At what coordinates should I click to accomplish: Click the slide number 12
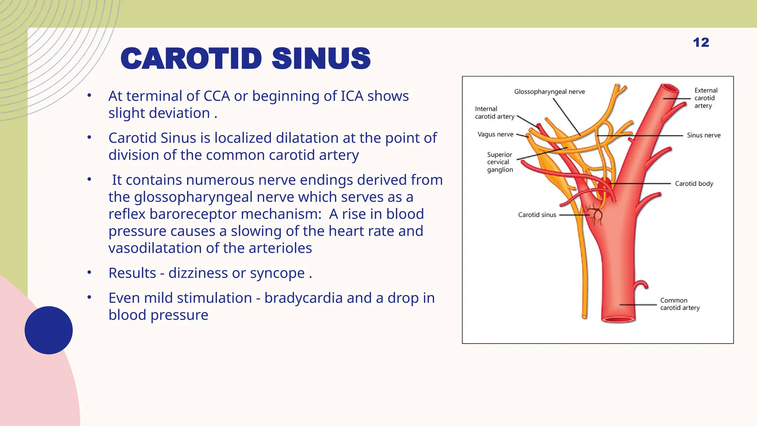(701, 43)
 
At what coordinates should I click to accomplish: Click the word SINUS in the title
(321, 59)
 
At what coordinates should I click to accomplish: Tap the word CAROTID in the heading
(191, 59)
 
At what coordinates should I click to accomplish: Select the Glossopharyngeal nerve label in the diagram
(549, 92)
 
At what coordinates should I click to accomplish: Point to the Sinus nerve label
(703, 135)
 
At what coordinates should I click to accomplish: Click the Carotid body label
(694, 184)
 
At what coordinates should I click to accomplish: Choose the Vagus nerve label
(495, 135)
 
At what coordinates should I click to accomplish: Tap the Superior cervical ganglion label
(500, 162)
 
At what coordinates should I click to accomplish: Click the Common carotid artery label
(680, 304)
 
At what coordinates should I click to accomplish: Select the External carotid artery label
(706, 98)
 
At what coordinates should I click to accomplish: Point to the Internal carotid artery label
(494, 113)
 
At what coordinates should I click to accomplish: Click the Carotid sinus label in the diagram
(537, 215)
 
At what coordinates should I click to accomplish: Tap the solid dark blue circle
(49, 330)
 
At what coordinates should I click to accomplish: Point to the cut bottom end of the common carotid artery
(618, 319)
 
